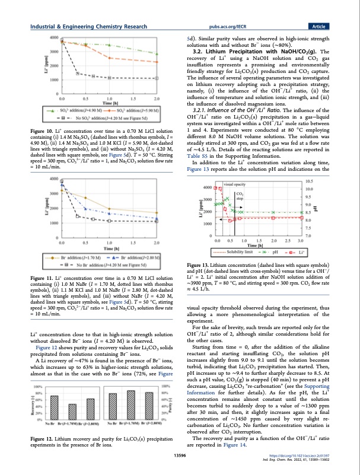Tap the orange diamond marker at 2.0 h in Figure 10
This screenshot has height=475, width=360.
click(x=156, y=61)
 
